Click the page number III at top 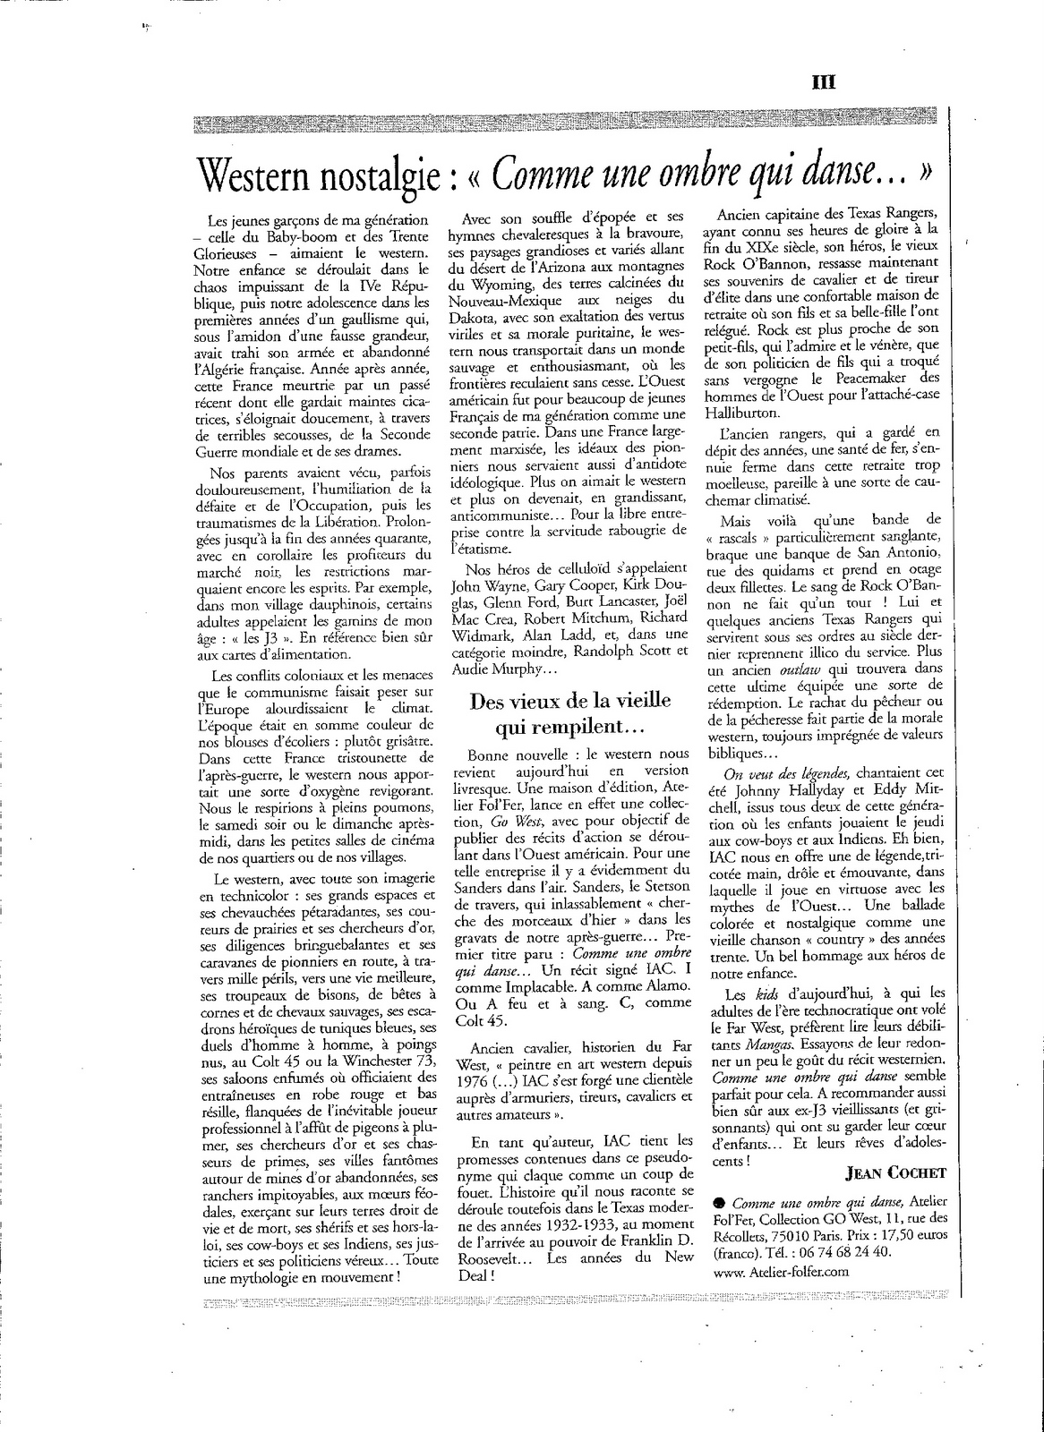pyautogui.click(x=823, y=81)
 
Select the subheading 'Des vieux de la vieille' pyautogui.click(x=570, y=701)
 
